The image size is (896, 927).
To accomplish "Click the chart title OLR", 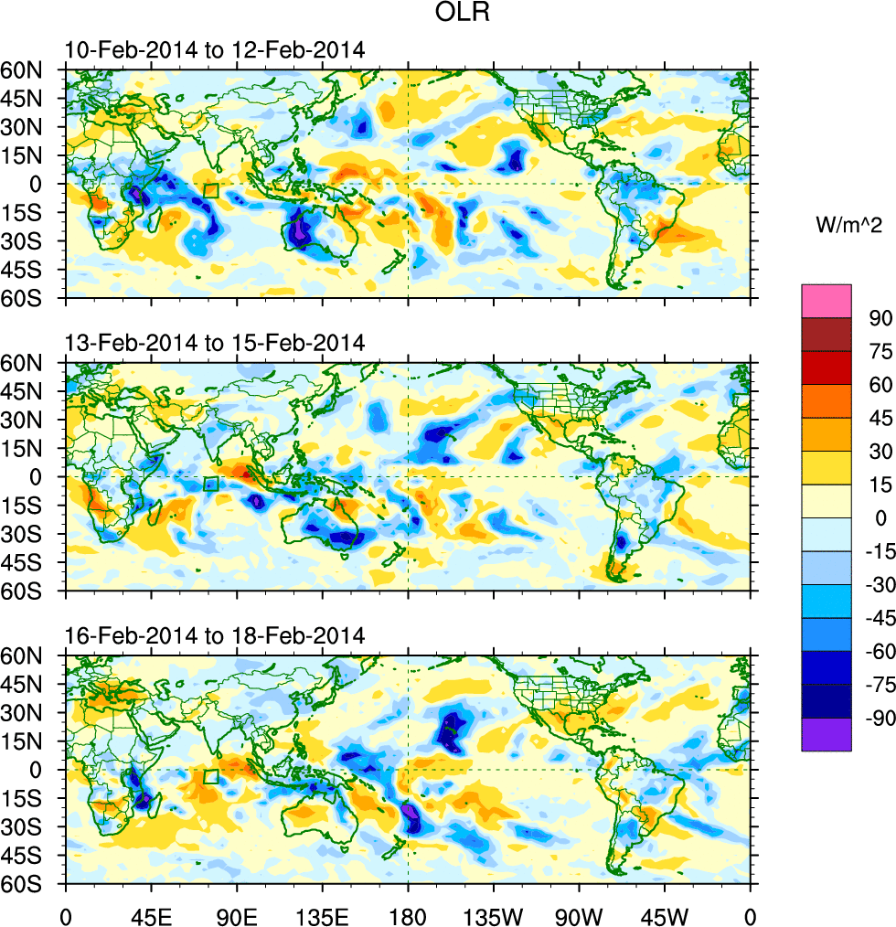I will [x=447, y=16].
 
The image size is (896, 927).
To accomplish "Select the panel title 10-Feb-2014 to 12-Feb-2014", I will [x=215, y=50].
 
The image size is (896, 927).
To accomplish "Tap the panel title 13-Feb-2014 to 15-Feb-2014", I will [x=215, y=343].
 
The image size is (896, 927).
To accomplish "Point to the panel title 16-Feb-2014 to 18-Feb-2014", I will [x=215, y=635].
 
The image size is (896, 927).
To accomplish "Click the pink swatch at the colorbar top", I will [x=827, y=301].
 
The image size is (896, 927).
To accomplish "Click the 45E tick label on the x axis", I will [x=151, y=913].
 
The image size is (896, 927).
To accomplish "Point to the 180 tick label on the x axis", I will [x=408, y=913].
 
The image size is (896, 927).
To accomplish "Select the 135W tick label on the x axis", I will [x=493, y=913].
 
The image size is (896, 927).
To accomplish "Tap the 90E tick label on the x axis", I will [x=237, y=913].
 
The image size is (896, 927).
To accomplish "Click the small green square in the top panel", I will [x=211, y=191].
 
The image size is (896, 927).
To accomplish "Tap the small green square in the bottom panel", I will [x=211, y=777].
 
